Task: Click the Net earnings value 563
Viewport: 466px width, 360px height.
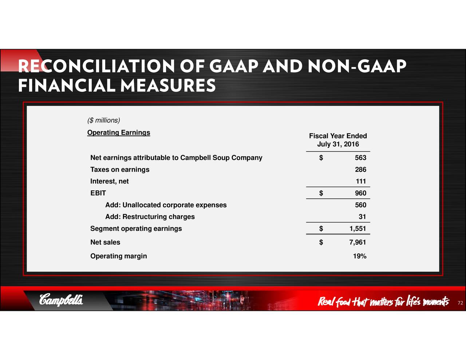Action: pyautogui.click(x=360, y=158)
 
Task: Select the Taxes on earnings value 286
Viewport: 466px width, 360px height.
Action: pyautogui.click(x=360, y=169)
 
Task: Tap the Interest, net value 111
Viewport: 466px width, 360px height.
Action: pyautogui.click(x=361, y=181)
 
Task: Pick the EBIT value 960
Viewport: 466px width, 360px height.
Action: pyautogui.click(x=360, y=193)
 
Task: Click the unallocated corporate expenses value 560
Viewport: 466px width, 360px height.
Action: pyautogui.click(x=360, y=205)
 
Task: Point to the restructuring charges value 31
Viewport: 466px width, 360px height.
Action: pyautogui.click(x=362, y=217)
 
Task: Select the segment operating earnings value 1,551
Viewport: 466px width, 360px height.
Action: pyautogui.click(x=358, y=228)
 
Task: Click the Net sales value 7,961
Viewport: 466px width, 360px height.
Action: pyautogui.click(x=358, y=242)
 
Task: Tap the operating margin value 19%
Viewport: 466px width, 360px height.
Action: pyautogui.click(x=360, y=256)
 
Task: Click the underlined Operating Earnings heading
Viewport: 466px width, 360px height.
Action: pyautogui.click(x=119, y=132)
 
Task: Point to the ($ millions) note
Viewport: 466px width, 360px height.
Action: pyautogui.click(x=104, y=120)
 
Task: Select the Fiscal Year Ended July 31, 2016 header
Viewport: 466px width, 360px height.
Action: pyautogui.click(x=338, y=140)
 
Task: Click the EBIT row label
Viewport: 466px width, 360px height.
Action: pyautogui.click(x=98, y=193)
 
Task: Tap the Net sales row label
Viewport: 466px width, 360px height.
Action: pyautogui.click(x=105, y=242)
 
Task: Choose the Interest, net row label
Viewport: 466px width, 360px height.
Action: pyautogui.click(x=109, y=181)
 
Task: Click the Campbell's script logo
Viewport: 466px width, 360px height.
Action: pyautogui.click(x=61, y=299)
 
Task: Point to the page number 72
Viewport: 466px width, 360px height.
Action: pyautogui.click(x=460, y=303)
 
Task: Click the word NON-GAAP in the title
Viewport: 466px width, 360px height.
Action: pyautogui.click(x=357, y=66)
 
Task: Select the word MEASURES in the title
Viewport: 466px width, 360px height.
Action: pyautogui.click(x=168, y=85)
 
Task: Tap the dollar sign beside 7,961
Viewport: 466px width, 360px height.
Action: pyautogui.click(x=321, y=242)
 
